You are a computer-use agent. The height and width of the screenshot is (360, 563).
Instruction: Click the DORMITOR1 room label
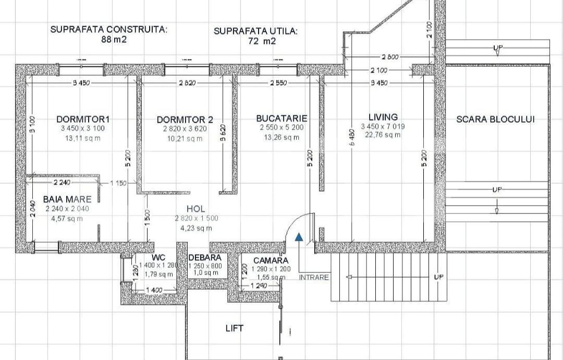coord(83,119)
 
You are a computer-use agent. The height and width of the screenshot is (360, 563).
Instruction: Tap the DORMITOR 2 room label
coord(185,120)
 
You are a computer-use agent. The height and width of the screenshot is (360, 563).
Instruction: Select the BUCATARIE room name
coord(281,118)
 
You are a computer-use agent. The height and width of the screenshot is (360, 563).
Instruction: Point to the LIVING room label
coord(383,117)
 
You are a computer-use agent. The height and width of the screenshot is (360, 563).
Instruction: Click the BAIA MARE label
coord(67,199)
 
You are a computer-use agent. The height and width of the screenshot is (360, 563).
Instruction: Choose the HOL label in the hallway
coord(195,209)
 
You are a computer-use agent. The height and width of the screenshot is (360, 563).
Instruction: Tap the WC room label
coord(158,258)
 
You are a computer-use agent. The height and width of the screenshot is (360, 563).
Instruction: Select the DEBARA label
coord(205,258)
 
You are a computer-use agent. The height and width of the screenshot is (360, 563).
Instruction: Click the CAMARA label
coord(271,260)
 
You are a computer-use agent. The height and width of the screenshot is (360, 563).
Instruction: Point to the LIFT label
coord(234,328)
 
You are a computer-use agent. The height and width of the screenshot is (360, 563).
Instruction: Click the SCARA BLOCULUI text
coord(495,119)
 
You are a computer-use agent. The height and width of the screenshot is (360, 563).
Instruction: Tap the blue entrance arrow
coord(299,237)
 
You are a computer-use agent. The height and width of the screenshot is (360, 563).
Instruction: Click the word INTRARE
coord(314,278)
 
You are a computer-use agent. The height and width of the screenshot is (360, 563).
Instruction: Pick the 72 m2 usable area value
coord(255,41)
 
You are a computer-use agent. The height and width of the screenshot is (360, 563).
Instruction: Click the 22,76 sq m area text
coord(383,135)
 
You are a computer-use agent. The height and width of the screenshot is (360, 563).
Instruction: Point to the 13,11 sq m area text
coord(83,138)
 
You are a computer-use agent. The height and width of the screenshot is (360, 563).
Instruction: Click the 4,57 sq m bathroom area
coord(67,219)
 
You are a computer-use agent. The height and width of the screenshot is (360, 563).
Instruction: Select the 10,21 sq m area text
coord(185,139)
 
